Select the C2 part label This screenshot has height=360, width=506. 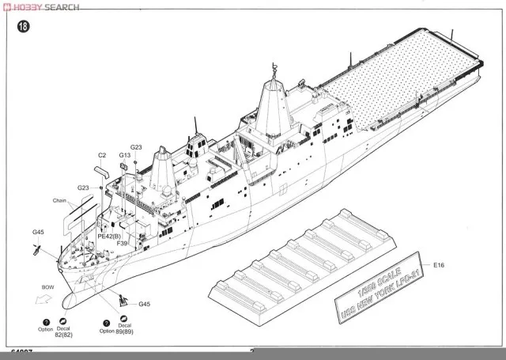pyautogui.click(x=102, y=155)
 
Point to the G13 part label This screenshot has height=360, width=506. pyautogui.click(x=125, y=155)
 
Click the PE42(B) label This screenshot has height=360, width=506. pyautogui.click(x=109, y=236)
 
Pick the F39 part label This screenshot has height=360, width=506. pyautogui.click(x=122, y=244)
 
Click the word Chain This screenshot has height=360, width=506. pyautogui.click(x=62, y=200)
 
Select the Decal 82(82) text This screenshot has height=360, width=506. pyautogui.click(x=63, y=331)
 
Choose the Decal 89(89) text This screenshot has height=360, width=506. pyautogui.click(x=124, y=331)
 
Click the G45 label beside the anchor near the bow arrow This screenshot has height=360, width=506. pyautogui.click(x=144, y=305)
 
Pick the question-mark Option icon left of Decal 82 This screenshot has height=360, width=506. pyautogui.click(x=45, y=324)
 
